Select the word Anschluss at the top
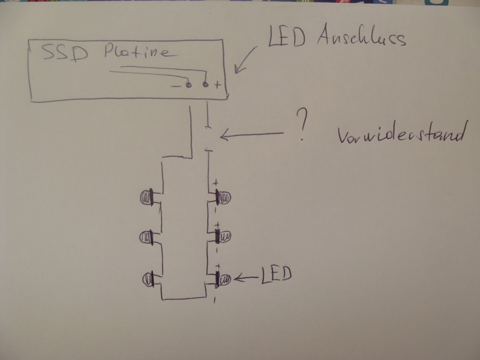click(361, 37)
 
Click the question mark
click(303, 126)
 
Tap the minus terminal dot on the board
click(188, 85)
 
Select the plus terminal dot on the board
click(205, 85)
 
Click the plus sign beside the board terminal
click(217, 85)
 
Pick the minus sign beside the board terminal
click(176, 86)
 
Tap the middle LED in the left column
click(147, 238)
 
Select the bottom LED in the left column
click(150, 279)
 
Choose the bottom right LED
click(223, 279)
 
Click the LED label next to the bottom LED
click(276, 275)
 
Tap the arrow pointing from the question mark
click(251, 135)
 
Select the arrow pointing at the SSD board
click(245, 60)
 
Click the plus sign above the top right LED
click(216, 182)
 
